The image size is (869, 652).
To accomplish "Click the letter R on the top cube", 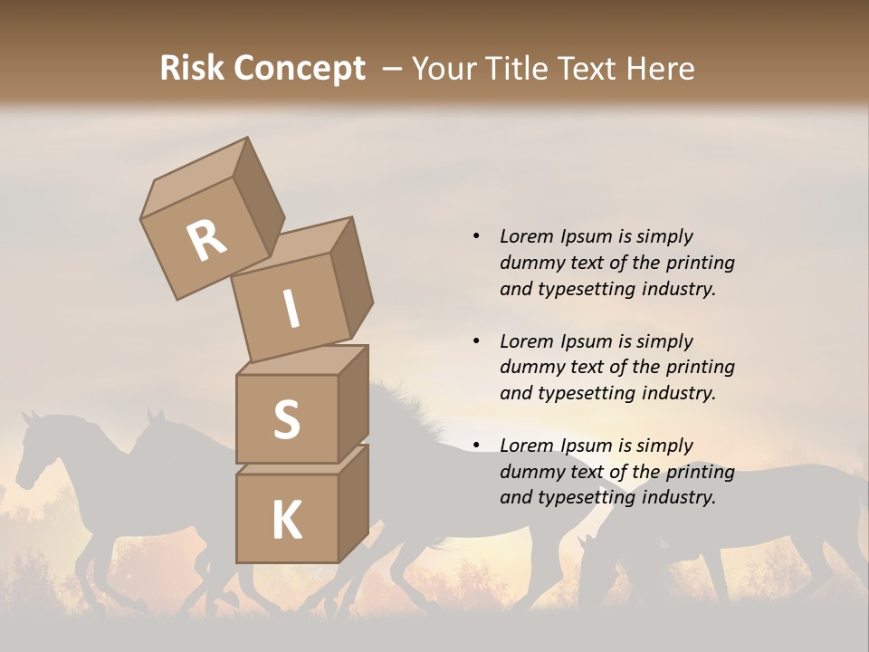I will point(206,240).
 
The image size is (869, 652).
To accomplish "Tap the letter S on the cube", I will point(286,419).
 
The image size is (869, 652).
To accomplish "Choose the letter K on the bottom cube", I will point(286,521).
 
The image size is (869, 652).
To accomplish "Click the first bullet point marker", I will point(476,236).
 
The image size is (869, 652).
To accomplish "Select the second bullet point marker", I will point(476,341).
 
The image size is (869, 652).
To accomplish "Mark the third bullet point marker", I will point(476,446).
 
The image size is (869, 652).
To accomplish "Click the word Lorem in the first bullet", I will point(525,236).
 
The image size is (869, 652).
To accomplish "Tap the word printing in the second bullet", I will point(701,367).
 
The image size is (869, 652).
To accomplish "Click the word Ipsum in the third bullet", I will point(586,446).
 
